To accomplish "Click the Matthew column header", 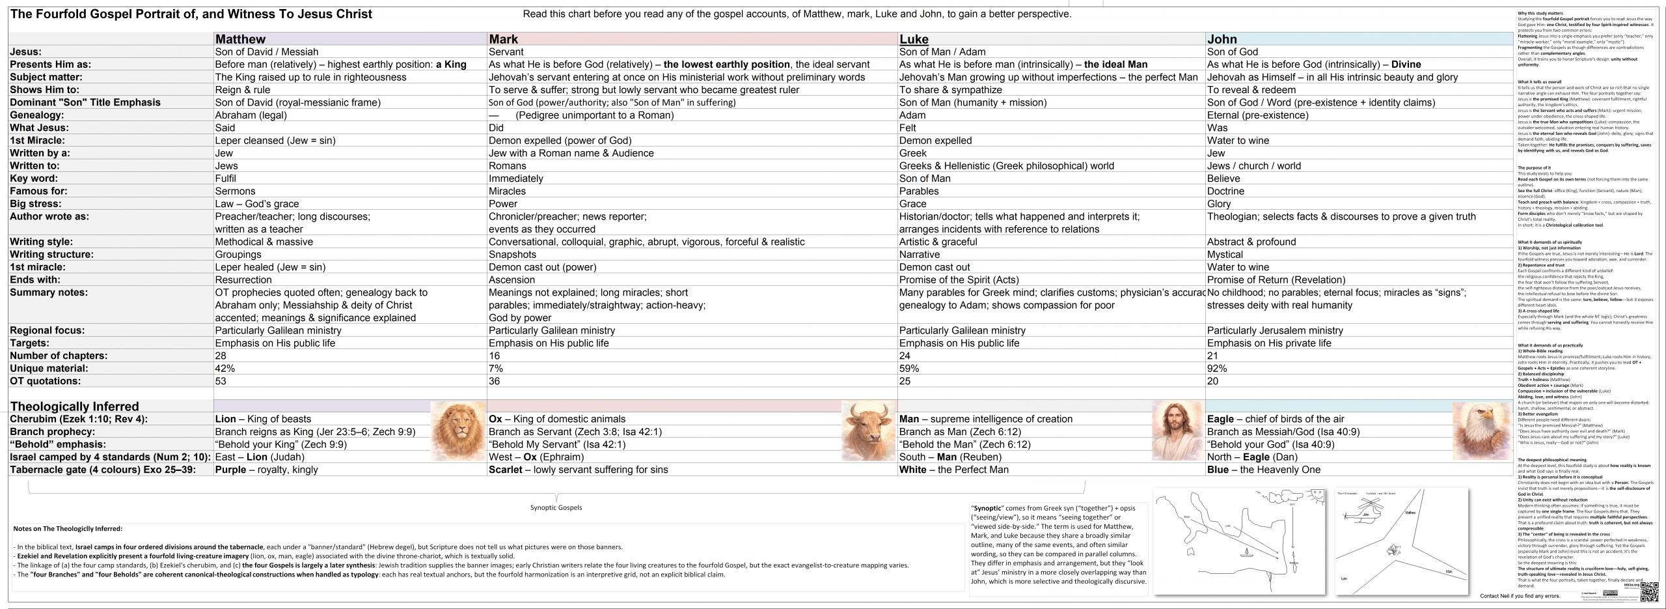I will (240, 39).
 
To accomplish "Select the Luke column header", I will (914, 39).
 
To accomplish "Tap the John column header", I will (1222, 39).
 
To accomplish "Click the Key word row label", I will (34, 178).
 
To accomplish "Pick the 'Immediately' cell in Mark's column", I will (515, 178).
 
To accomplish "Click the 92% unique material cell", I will (1217, 369).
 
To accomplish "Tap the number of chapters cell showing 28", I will (221, 356).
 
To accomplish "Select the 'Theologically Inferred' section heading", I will (74, 406).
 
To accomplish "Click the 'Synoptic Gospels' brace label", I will (556, 507).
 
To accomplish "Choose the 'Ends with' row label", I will (35, 280).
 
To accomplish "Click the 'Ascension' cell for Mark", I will (512, 280).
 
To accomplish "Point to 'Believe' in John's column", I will (1223, 178).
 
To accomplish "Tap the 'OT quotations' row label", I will (46, 381).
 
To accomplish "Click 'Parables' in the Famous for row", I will (919, 191).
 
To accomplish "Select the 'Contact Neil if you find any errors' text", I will (1520, 596).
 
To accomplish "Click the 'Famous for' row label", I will (38, 191).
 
